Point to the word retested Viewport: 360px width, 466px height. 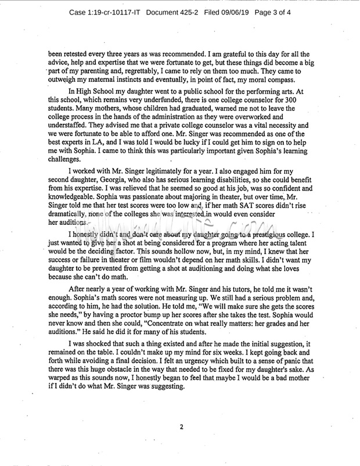(x=81, y=53)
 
